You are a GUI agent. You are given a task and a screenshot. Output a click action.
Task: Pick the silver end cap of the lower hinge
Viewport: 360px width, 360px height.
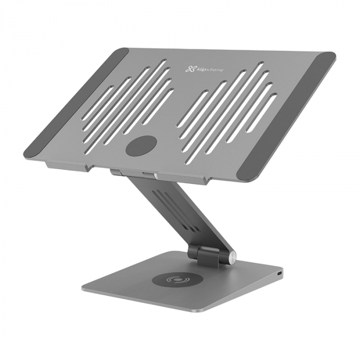pos(231,258)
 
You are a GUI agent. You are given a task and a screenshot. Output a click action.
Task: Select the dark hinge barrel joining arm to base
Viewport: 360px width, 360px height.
pos(206,253)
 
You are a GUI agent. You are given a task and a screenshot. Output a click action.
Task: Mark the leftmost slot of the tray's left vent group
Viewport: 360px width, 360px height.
pos(98,103)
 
